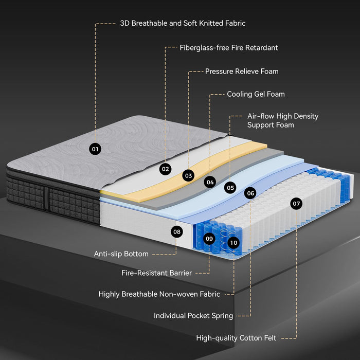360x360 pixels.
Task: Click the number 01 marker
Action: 95,149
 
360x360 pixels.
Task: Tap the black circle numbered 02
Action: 165,168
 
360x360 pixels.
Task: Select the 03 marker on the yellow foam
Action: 188,175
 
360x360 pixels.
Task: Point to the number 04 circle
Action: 209,182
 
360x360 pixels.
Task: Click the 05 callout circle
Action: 230,188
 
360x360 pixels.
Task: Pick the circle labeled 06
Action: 250,193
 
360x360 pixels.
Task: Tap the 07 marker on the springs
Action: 296,204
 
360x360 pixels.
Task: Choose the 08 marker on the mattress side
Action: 177,231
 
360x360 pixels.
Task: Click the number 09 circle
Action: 209,238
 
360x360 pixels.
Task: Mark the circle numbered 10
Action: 233,242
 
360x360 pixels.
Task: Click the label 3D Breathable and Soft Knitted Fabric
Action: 183,23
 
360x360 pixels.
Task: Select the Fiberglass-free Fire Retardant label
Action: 229,48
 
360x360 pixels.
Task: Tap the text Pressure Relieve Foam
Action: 242,71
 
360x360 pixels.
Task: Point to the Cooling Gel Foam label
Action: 256,94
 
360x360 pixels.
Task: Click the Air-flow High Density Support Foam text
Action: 283,120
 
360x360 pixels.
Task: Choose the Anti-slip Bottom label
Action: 121,254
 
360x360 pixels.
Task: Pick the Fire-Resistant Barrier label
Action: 156,273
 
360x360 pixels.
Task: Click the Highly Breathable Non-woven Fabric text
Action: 159,294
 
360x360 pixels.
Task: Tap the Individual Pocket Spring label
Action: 193,316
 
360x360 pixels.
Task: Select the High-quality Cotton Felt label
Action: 236,338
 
